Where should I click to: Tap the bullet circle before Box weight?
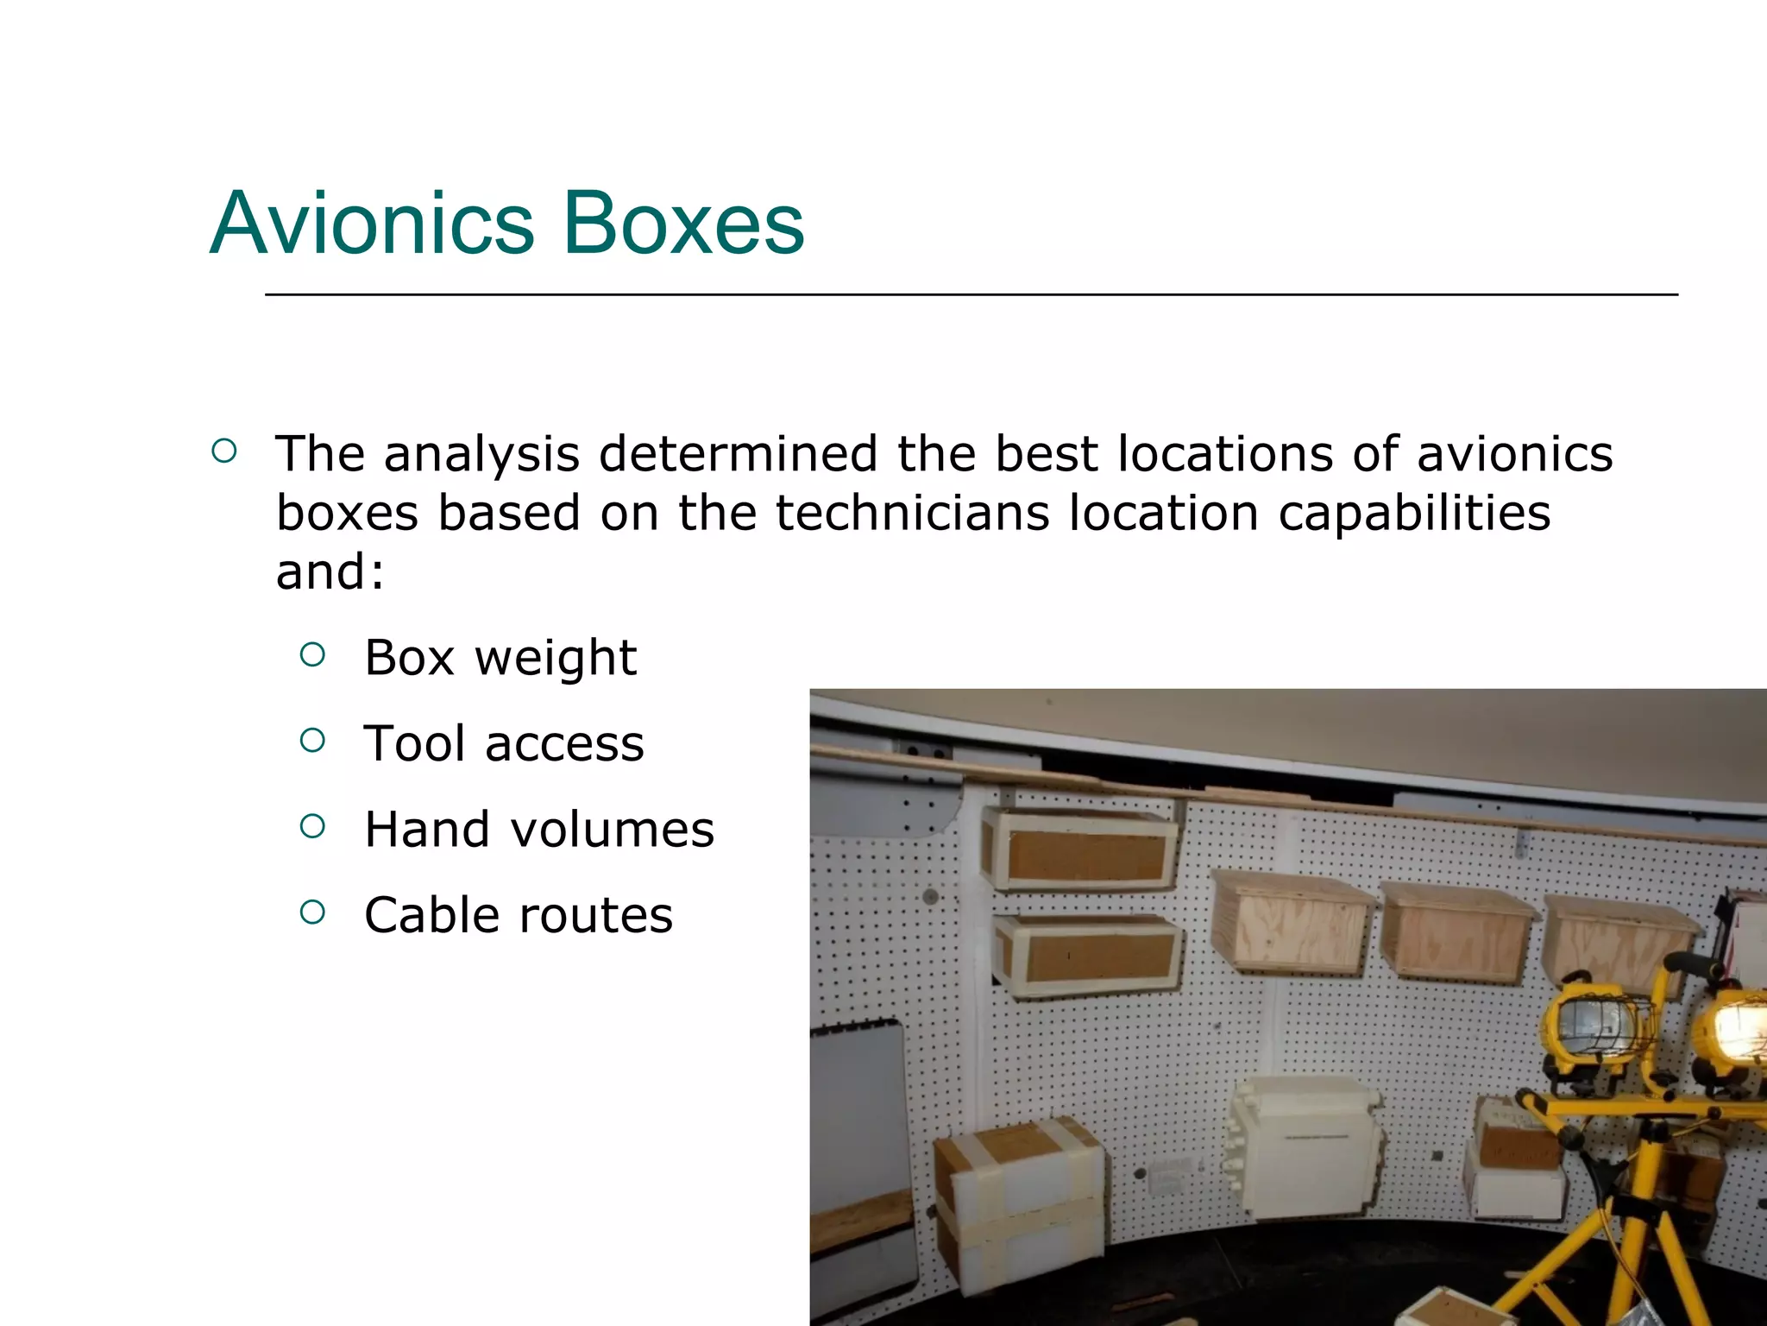click(x=312, y=655)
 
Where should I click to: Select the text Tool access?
click(x=503, y=743)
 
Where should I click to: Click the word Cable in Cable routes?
click(x=432, y=915)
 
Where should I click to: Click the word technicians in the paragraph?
click(x=913, y=513)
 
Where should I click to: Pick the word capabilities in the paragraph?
click(x=1414, y=513)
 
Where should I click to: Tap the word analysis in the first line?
click(x=481, y=453)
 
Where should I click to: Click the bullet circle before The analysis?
click(x=223, y=451)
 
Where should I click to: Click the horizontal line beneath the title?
click(x=971, y=294)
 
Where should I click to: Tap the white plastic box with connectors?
click(x=1303, y=1148)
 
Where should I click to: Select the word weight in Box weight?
click(x=556, y=658)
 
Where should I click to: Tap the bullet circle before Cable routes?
click(x=312, y=912)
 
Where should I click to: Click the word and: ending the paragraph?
click(x=330, y=571)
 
